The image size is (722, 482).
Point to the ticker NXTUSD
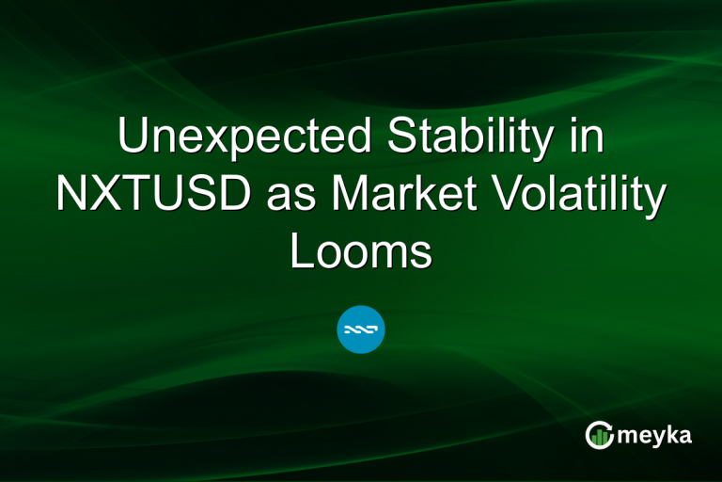(151, 196)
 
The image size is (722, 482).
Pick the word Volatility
(578, 196)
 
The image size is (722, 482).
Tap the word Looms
(361, 252)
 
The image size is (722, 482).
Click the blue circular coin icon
(361, 330)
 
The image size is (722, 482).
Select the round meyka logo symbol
(600, 434)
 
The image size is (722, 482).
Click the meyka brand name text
(655, 436)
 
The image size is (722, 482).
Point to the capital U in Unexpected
(133, 139)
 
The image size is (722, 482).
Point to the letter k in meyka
(675, 434)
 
